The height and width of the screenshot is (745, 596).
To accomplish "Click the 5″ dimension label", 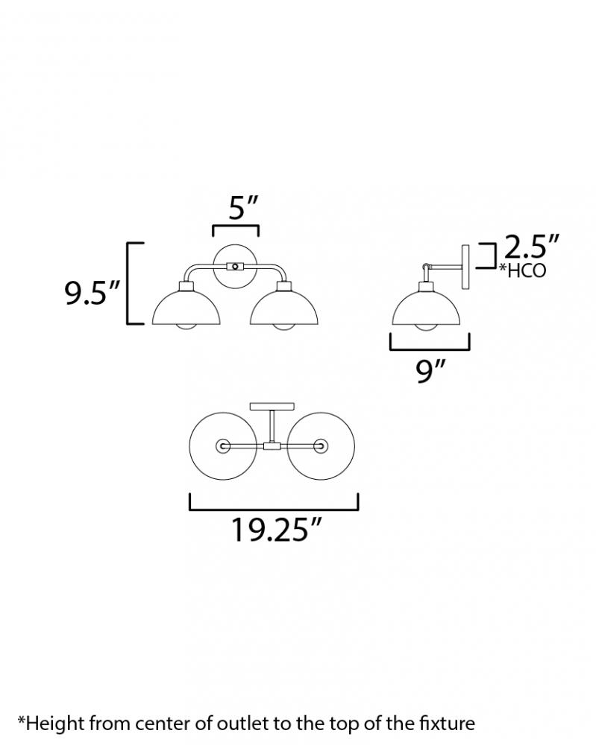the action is pos(243,208).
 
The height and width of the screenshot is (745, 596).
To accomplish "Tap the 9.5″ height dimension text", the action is pos(92,293).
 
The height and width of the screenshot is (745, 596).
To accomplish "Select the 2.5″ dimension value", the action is pos(531,247).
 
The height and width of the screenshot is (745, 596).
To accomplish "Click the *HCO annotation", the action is pos(522,271).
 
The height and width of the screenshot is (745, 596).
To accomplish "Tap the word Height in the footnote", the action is pos(56,723).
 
